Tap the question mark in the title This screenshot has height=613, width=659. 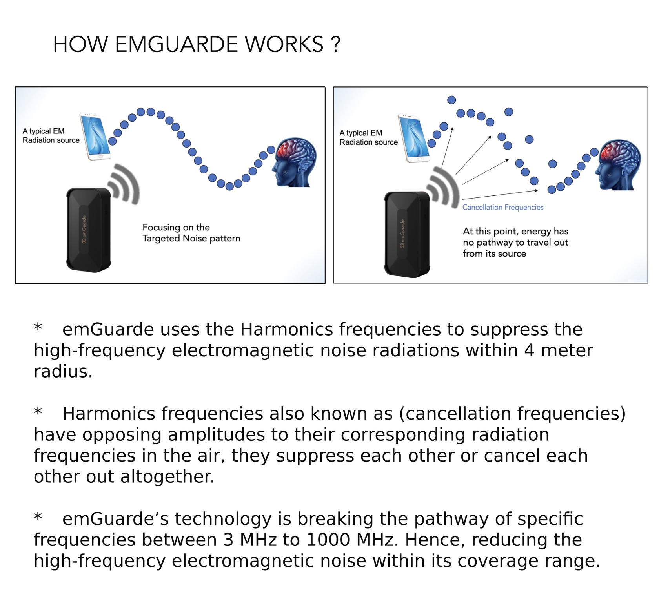coord(335,44)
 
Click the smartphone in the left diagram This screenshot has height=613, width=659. coord(95,136)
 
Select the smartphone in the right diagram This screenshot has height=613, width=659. coord(413,138)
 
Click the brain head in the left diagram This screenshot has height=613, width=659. coord(295,162)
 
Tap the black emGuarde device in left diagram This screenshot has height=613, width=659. coord(88,230)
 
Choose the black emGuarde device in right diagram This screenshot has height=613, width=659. coord(407,234)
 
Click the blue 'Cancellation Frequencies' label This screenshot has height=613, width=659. coord(503,207)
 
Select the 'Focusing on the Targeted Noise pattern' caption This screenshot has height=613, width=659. coord(191,233)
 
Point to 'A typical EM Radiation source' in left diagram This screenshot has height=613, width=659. coord(51,136)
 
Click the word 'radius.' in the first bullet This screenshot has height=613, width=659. coord(63,371)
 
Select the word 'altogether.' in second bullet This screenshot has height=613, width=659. coord(167,476)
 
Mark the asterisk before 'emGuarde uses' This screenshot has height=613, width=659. coord(38,328)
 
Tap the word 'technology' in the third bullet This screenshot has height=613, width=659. coord(223,519)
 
